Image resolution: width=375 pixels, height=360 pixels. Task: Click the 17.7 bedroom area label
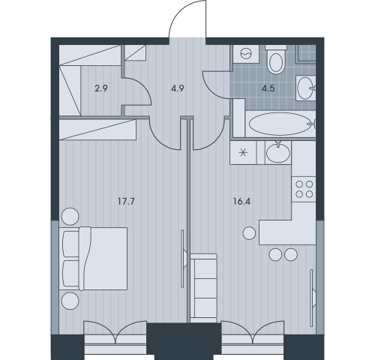tap(126, 201)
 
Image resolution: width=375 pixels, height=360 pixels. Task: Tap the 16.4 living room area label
tap(241, 201)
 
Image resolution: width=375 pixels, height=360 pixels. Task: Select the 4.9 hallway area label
tap(178, 88)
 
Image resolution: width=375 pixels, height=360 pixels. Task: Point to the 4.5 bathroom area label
tap(268, 88)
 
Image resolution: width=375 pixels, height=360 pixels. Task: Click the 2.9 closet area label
tap(101, 88)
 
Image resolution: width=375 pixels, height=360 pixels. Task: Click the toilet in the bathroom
tap(276, 59)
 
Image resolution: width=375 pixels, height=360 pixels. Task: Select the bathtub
tap(280, 124)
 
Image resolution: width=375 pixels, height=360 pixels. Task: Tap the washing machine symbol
tap(246, 53)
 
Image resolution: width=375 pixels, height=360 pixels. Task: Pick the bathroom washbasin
tap(305, 88)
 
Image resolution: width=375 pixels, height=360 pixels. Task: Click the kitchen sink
tap(278, 152)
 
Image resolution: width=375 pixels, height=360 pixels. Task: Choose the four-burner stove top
tap(304, 189)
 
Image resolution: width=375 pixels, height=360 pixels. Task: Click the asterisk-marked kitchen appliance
tap(243, 152)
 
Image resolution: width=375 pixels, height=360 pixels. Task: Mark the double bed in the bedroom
tap(93, 259)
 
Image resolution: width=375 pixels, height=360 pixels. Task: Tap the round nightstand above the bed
tap(70, 217)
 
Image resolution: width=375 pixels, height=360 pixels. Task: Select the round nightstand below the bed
tap(70, 301)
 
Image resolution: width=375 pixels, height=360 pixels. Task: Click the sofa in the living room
tap(203, 288)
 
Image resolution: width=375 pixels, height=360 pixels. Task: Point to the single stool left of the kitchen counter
tap(249, 233)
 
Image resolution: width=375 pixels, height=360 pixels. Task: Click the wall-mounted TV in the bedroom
tap(184, 259)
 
